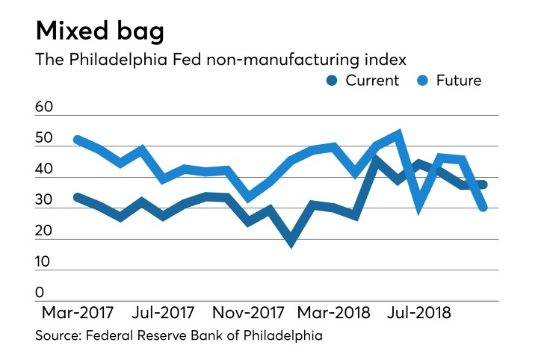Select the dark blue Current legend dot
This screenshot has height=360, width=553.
click(333, 81)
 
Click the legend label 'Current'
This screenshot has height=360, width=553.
click(371, 81)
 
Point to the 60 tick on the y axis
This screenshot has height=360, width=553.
click(45, 108)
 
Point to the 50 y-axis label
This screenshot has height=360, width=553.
click(45, 138)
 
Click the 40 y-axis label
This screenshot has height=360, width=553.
click(45, 170)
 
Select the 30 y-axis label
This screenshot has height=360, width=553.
click(45, 200)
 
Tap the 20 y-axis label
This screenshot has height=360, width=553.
click(45, 231)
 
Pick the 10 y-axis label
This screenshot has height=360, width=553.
click(45, 261)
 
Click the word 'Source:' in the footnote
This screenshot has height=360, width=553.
click(59, 336)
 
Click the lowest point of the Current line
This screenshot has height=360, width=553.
click(291, 240)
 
